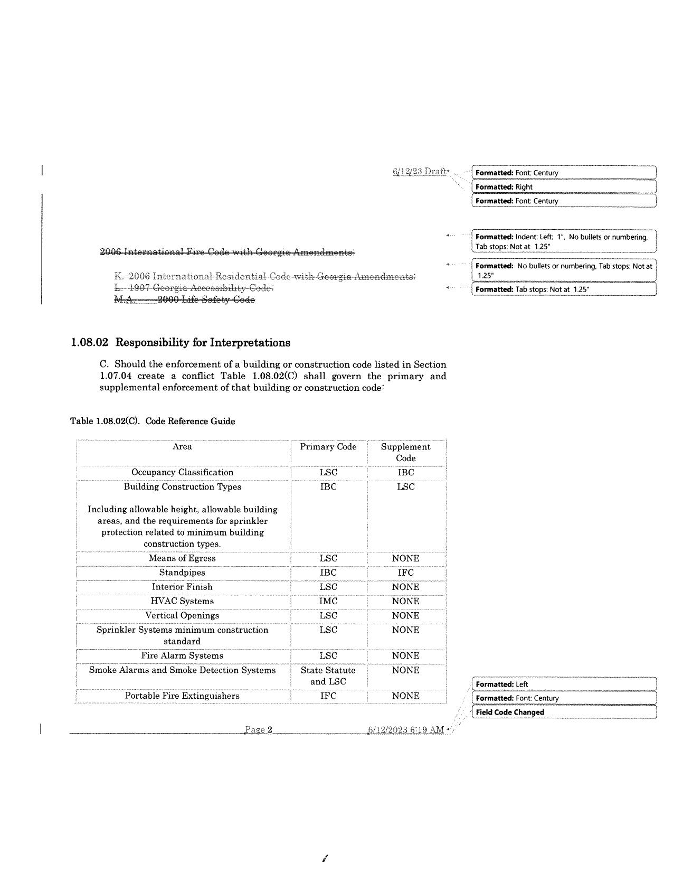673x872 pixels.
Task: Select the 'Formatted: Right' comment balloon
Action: pyautogui.click(x=563, y=187)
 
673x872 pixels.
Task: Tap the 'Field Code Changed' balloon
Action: pyautogui.click(x=563, y=712)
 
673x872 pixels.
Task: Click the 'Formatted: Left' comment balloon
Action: pyautogui.click(x=563, y=684)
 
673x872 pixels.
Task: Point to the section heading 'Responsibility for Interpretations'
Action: pyautogui.click(x=203, y=343)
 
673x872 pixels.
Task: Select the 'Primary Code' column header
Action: pyautogui.click(x=328, y=447)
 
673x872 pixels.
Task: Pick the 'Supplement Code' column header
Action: pyautogui.click(x=405, y=452)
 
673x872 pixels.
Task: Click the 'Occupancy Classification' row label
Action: pyautogui.click(x=182, y=472)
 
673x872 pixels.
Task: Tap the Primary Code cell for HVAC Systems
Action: pyautogui.click(x=328, y=601)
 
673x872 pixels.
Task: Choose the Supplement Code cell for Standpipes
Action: pyautogui.click(x=405, y=573)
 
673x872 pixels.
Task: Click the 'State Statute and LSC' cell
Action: pyautogui.click(x=328, y=676)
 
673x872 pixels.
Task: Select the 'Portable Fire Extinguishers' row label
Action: pyautogui.click(x=182, y=696)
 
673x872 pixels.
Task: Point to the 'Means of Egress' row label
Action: pyautogui.click(x=182, y=558)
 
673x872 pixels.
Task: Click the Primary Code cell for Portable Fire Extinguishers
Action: pyautogui.click(x=328, y=696)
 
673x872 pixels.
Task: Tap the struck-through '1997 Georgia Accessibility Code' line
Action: pyautogui.click(x=194, y=288)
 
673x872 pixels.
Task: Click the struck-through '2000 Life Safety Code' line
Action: pyautogui.click(x=185, y=299)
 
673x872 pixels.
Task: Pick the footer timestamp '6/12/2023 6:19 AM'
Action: pyautogui.click(x=405, y=730)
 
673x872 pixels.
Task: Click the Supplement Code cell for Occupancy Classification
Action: pyautogui.click(x=405, y=472)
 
